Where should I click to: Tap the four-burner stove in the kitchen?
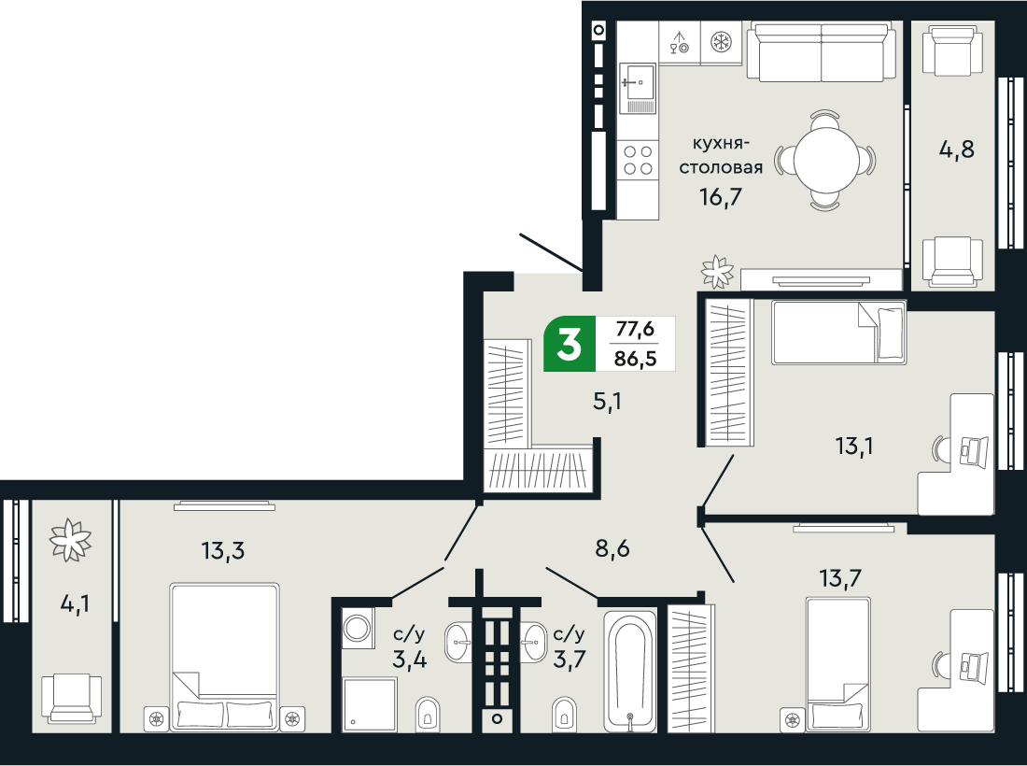click(x=638, y=160)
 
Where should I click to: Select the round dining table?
click(x=827, y=160)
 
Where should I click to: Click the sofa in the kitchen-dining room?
click(x=821, y=53)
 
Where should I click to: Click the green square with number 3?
click(x=568, y=345)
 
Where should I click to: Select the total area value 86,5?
click(x=635, y=357)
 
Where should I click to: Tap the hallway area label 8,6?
click(x=613, y=548)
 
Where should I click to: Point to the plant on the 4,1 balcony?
click(x=71, y=539)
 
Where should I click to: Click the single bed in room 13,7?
click(x=838, y=663)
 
